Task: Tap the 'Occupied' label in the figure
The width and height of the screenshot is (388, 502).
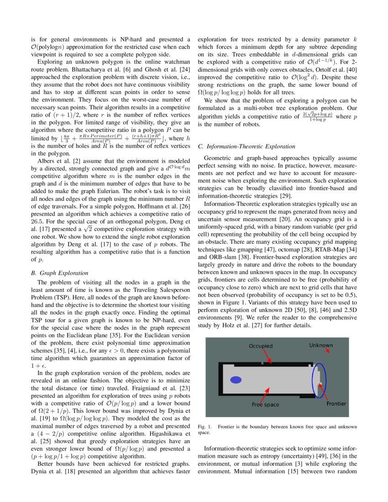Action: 260,346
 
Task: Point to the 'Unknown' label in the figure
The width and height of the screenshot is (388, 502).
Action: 321,345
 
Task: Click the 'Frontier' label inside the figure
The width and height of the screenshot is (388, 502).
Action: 336,403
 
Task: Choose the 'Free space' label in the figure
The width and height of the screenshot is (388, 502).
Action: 265,404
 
